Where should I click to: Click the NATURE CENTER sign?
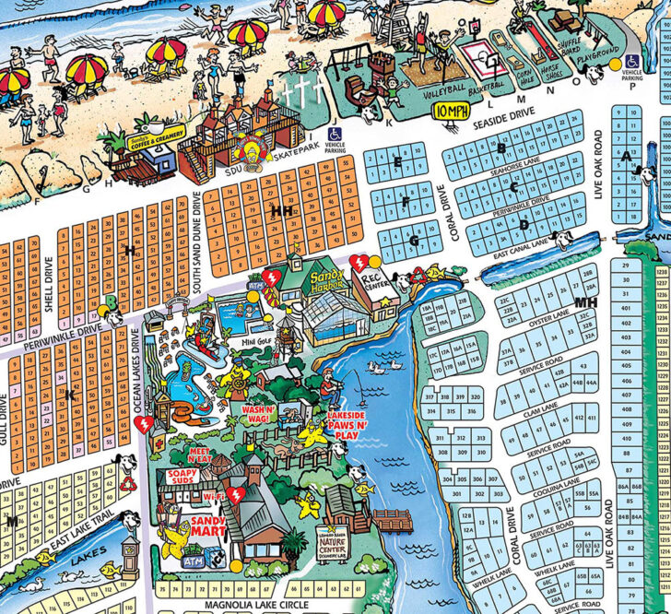(x=334, y=549)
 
